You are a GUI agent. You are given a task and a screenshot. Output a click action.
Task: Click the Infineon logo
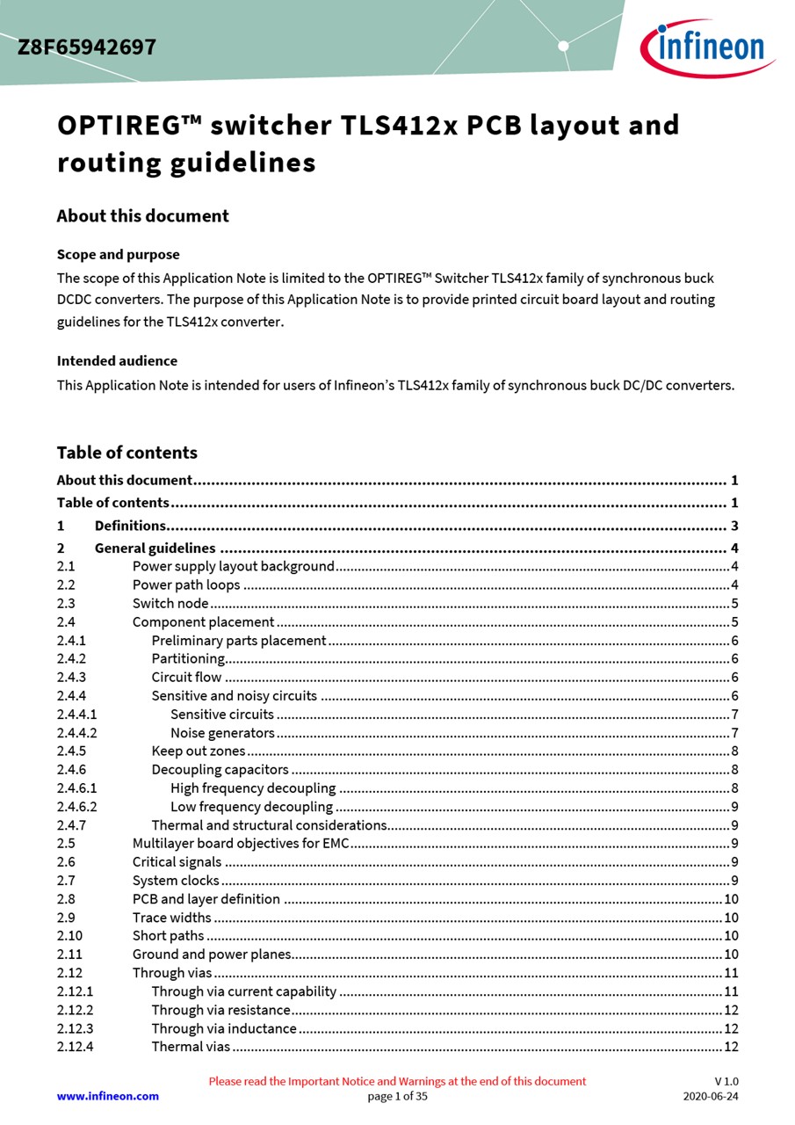pos(708,47)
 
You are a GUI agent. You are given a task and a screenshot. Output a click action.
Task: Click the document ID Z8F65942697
pos(87,47)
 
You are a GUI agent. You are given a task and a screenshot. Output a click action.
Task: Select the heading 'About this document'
pos(142,216)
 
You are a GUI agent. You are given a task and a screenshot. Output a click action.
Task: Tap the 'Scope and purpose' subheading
pos(118,255)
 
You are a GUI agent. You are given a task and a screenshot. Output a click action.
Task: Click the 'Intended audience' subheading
pos(117,361)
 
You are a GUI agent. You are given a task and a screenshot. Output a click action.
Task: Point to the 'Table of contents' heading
pos(126,453)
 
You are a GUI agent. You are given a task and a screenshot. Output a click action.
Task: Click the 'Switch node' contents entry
pos(170,604)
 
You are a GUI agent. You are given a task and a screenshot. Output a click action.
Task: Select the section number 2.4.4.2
pos(77,733)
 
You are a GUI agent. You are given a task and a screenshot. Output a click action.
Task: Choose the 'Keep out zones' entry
pos(198,751)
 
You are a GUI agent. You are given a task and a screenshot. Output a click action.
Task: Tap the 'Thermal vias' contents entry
pos(191,1047)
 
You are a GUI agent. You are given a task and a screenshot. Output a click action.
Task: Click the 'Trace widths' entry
pos(171,918)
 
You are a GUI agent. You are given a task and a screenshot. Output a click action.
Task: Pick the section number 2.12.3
pos(75,1028)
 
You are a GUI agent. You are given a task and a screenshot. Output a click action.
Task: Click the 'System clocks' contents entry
pos(176,881)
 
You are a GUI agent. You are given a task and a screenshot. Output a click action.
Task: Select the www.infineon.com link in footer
pos(108,1096)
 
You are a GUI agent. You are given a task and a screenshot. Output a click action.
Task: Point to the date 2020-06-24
pos(711,1096)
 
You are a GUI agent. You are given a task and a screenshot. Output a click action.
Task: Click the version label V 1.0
pos(726,1081)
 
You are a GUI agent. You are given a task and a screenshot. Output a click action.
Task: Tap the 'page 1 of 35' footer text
pos(397,1096)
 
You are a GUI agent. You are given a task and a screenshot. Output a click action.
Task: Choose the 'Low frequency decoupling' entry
pos(251,807)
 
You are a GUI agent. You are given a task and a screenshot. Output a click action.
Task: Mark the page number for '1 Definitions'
pos(734,526)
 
